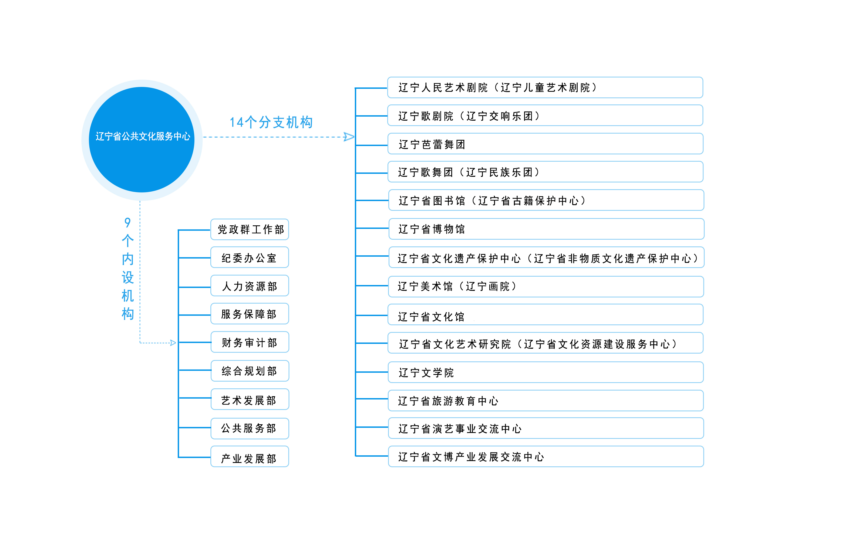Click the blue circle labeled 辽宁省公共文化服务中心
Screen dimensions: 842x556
(142, 140)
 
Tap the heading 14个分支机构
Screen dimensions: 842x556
(271, 122)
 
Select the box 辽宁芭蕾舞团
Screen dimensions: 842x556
(545, 144)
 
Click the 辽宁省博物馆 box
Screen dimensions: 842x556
(546, 229)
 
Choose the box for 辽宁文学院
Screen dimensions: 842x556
(545, 372)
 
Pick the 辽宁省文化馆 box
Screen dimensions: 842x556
(545, 314)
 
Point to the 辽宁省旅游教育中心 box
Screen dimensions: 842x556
(545, 400)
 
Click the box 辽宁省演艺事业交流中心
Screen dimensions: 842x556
(546, 428)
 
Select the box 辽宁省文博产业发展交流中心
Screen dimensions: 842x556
(546, 456)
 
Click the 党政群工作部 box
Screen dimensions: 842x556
(250, 229)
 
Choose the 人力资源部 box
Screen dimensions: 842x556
(250, 286)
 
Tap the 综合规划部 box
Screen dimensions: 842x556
(250, 371)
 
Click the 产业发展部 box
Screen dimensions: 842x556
(250, 456)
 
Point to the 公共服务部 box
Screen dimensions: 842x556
(250, 428)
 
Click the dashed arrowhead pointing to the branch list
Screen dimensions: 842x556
(349, 137)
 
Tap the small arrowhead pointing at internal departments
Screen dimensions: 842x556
(173, 343)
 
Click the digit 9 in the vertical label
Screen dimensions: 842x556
(127, 222)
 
